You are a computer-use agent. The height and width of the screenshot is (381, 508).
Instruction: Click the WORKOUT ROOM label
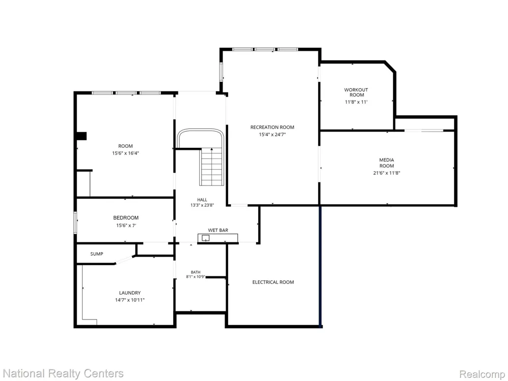356,92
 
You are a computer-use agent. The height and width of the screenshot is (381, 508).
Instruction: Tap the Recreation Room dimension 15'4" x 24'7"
272,135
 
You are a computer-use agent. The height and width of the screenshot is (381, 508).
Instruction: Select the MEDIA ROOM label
387,163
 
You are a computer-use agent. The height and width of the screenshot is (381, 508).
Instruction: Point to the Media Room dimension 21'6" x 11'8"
387,173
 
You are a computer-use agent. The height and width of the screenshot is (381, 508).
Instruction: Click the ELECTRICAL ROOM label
273,282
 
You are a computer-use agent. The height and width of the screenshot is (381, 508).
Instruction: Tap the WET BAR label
218,230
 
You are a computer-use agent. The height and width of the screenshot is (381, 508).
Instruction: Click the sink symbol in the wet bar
205,238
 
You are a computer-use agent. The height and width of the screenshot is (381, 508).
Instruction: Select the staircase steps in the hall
212,167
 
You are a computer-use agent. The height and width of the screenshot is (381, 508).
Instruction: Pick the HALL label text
202,200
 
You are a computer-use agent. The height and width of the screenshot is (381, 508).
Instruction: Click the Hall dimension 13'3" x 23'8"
202,205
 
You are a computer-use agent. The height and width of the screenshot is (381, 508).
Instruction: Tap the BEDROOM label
125,218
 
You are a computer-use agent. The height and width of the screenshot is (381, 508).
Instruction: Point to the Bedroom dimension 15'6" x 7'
126,226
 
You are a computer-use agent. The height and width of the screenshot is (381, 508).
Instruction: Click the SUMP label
97,254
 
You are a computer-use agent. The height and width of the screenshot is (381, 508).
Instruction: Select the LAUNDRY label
130,293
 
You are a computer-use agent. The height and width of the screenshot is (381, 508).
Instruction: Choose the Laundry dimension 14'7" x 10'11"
130,300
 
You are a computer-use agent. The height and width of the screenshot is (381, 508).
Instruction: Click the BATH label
196,272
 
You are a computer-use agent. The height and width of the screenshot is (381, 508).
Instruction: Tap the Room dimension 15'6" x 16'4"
125,153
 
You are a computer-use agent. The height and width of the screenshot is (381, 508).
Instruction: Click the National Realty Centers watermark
62,373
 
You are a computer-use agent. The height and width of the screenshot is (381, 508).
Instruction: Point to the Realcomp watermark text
482,374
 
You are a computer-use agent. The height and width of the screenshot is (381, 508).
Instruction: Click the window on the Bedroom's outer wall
75,223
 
